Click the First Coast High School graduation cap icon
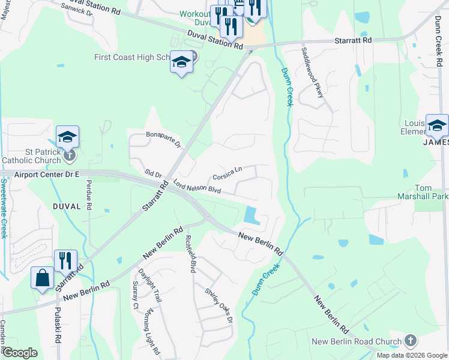181,62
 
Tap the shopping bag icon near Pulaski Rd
42,278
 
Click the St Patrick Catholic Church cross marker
70,155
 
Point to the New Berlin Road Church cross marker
411,340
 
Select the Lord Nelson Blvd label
197,187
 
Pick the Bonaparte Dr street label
163,139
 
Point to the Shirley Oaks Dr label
218,306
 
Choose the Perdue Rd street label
89,194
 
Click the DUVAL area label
66,206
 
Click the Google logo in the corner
20,353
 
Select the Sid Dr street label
154,173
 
